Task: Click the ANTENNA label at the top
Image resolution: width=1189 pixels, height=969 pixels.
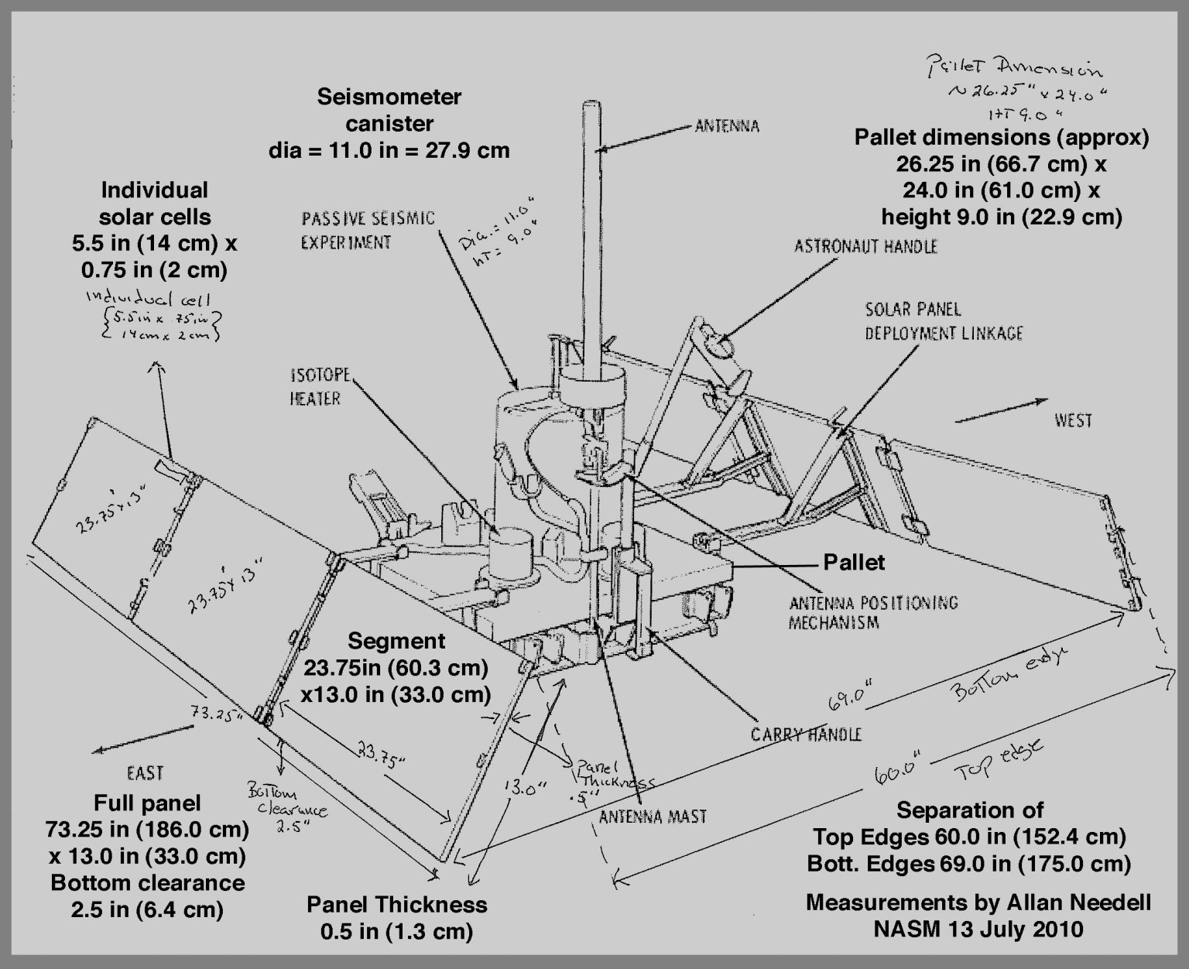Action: pyautogui.click(x=726, y=125)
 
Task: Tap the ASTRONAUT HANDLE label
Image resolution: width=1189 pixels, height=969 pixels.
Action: pyautogui.click(x=865, y=247)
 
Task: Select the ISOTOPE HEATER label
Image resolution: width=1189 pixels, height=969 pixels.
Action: pyautogui.click(x=320, y=387)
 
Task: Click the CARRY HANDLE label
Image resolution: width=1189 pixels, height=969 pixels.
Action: pyautogui.click(x=806, y=734)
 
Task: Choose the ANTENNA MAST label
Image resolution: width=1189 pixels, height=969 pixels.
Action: pyautogui.click(x=653, y=816)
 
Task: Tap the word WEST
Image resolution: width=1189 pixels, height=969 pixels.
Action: pyautogui.click(x=1073, y=420)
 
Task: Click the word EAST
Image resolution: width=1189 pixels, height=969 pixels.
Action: pyautogui.click(x=145, y=772)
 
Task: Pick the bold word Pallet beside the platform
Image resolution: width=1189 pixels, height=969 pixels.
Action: pyautogui.click(x=854, y=563)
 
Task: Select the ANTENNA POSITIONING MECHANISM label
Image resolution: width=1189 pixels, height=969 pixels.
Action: pyautogui.click(x=872, y=612)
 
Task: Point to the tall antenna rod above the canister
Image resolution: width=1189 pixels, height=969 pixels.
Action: pyautogui.click(x=594, y=232)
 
